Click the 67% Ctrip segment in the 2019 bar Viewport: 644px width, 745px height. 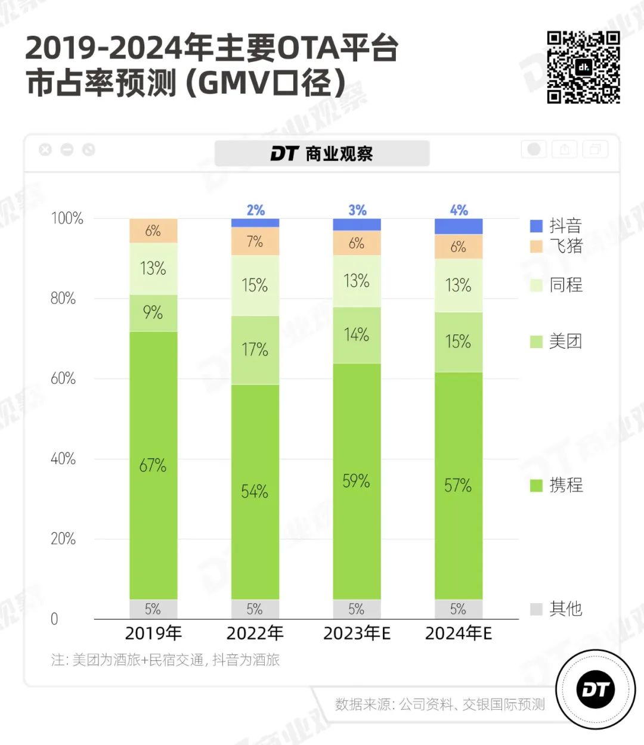click(153, 465)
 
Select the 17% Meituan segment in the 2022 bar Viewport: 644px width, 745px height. click(255, 350)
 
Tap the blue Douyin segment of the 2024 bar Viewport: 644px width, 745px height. click(458, 226)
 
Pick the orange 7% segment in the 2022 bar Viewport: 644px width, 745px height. click(255, 241)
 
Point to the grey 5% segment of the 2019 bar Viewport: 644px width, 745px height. click(153, 609)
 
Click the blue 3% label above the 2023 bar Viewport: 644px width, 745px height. click(357, 210)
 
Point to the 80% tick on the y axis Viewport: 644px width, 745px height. click(63, 298)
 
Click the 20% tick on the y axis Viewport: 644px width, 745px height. click(63, 539)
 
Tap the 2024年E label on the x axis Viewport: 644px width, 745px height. click(458, 634)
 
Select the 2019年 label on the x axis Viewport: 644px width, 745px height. click(153, 634)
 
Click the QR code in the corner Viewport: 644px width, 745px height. click(583, 67)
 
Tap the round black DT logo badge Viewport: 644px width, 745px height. click(595, 690)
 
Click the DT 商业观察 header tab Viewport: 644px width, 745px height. click(322, 154)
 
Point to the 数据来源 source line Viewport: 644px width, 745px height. click(439, 704)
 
